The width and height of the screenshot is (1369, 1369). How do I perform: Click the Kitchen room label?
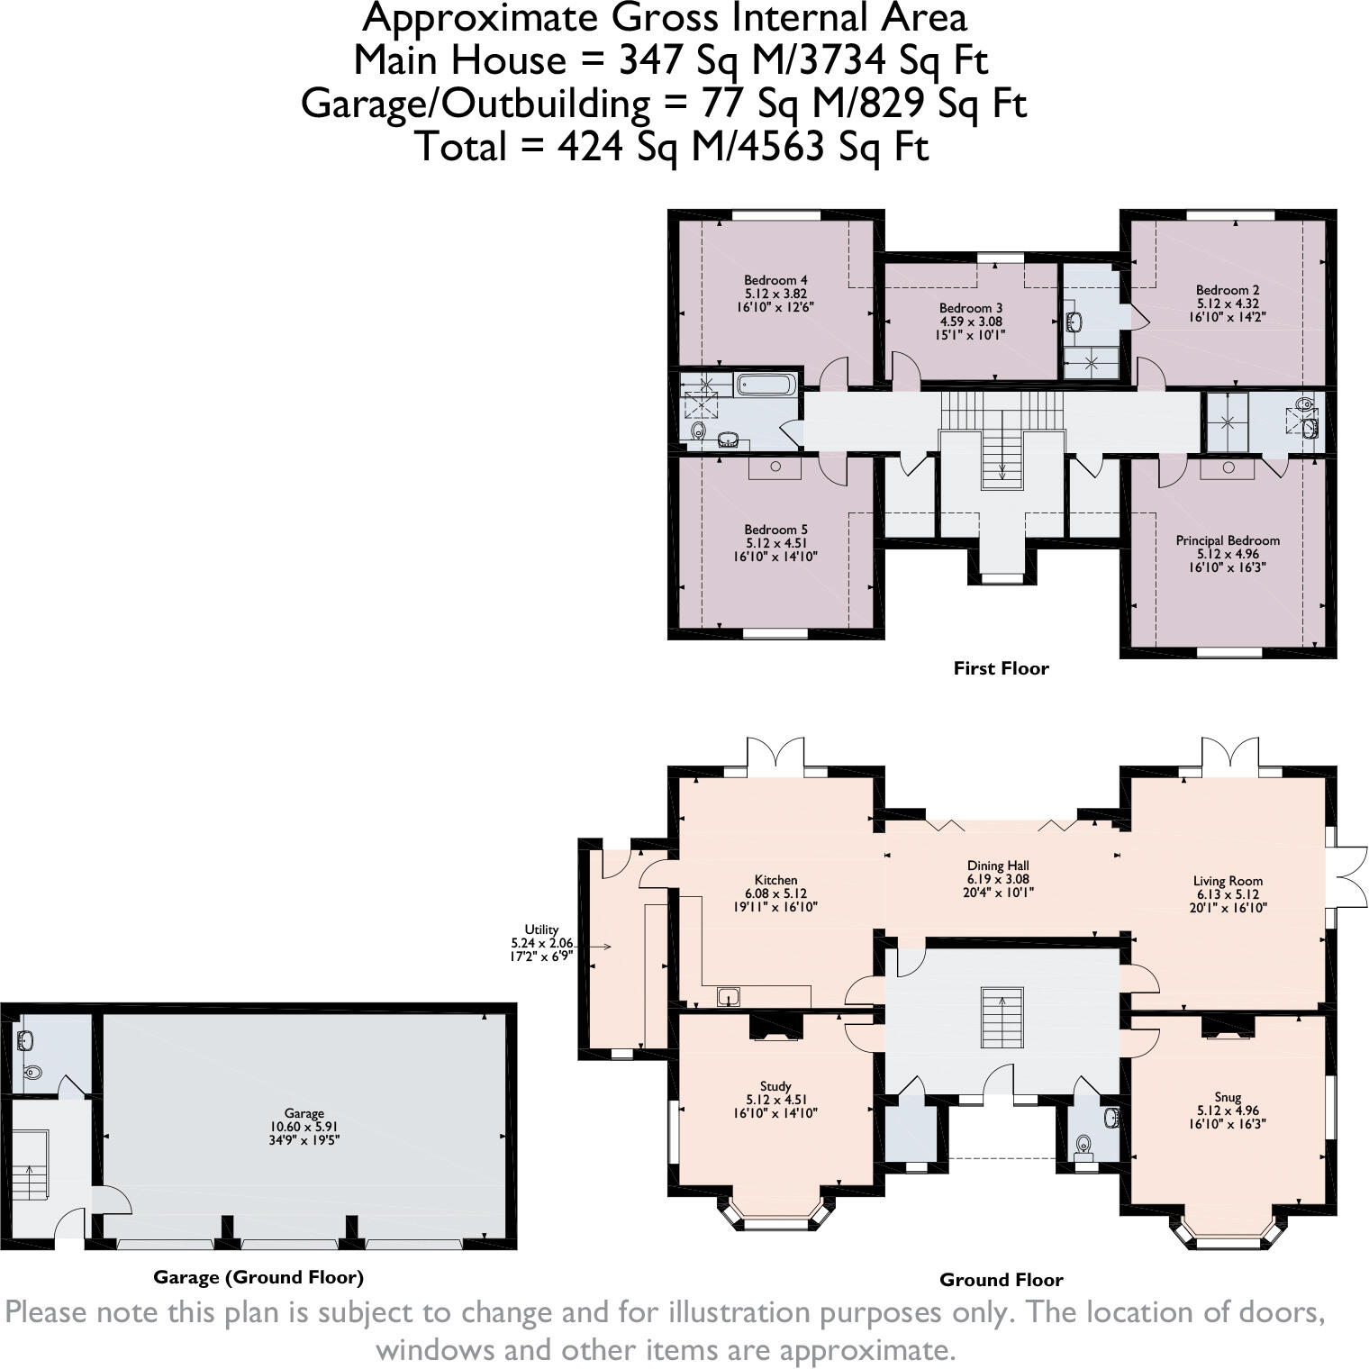(775, 880)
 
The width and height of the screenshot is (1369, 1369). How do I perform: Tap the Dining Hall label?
(998, 866)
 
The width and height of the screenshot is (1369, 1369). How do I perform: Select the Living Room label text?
(1228, 881)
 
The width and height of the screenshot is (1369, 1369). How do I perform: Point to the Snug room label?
(1228, 1097)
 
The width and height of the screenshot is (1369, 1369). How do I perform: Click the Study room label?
(775, 1086)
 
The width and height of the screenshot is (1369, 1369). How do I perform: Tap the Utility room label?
(541, 929)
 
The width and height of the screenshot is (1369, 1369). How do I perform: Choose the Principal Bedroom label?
(1228, 540)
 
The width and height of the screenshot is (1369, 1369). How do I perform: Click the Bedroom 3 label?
(971, 308)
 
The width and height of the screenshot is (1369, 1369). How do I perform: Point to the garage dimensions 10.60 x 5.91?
(304, 1127)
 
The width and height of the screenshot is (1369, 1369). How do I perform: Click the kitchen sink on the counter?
(729, 996)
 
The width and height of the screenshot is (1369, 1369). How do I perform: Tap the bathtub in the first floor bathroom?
(766, 385)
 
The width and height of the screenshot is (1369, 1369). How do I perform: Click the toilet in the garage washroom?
(33, 1072)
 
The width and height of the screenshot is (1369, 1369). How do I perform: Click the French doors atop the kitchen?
(775, 755)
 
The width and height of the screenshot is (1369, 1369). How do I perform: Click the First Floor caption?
(1001, 668)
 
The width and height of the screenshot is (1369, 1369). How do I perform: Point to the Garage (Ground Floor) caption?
(258, 1277)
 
